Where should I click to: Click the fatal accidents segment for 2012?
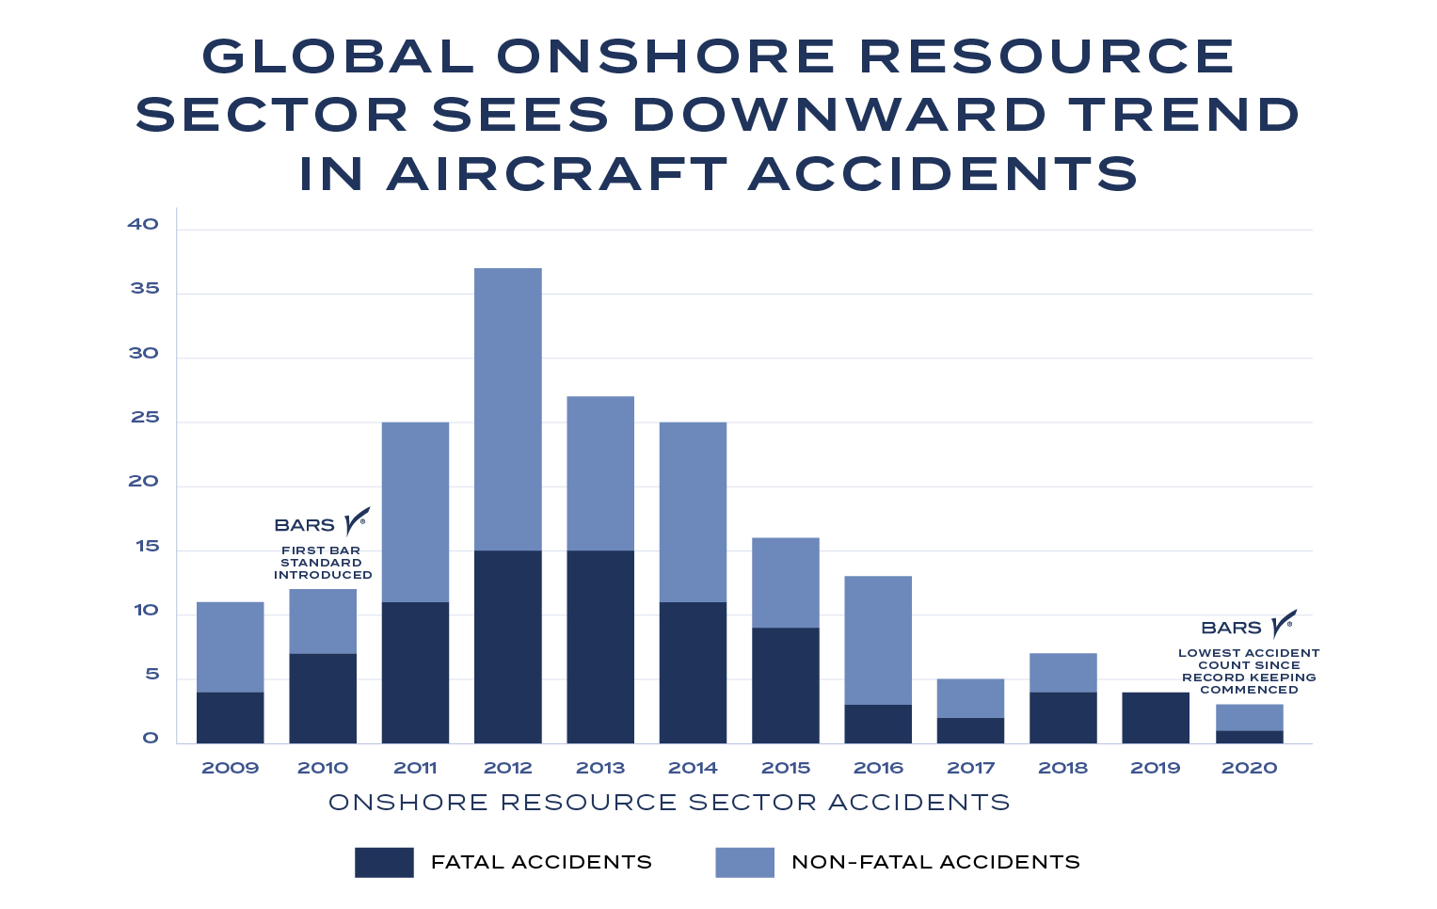point(507,647)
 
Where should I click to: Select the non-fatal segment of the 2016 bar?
point(878,641)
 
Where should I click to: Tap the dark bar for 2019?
point(1156,718)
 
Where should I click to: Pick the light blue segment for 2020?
point(1249,717)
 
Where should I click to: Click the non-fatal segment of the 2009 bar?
point(230,647)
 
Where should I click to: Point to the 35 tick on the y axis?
point(145,289)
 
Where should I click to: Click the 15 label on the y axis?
point(147,547)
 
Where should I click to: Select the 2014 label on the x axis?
point(693,768)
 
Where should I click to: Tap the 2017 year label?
point(970,768)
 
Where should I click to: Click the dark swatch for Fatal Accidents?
point(384,862)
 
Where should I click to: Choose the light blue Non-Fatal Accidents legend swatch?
point(744,862)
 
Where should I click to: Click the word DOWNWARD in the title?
point(838,115)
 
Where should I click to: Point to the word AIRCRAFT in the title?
point(557,174)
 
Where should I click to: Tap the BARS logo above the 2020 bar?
point(1249,626)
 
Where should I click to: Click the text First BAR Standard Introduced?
point(322,563)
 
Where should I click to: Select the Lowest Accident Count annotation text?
point(1249,671)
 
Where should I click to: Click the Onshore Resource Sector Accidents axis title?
point(669,803)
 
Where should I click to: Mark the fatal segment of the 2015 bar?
point(786,686)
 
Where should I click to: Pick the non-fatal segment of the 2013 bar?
point(600,473)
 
